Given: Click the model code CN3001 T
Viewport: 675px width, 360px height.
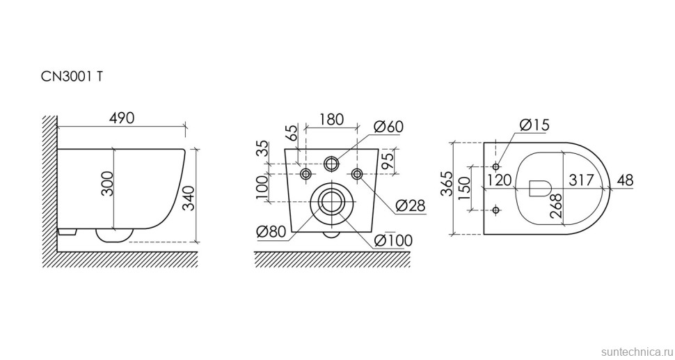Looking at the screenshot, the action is (x=72, y=77).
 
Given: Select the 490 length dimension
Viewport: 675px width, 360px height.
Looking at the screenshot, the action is (x=121, y=118).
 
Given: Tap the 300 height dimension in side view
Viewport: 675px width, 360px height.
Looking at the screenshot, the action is (x=107, y=184).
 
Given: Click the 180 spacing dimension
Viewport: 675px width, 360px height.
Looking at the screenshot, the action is (x=331, y=119).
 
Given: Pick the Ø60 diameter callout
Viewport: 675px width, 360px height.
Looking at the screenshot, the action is (x=388, y=127).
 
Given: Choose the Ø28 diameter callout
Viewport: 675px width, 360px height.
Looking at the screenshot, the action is (x=411, y=205).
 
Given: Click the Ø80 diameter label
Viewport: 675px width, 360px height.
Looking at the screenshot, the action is (x=271, y=232).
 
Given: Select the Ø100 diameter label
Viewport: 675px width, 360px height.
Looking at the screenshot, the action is (x=393, y=240).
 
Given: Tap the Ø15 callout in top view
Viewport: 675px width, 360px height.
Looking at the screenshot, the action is (x=534, y=125).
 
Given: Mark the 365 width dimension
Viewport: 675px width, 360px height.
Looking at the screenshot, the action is (x=447, y=184).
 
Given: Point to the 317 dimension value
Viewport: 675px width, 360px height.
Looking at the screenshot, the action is (x=581, y=180).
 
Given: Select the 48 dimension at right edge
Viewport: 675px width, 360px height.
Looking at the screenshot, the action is (x=625, y=180).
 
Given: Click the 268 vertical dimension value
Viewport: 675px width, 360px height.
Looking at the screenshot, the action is (x=556, y=205).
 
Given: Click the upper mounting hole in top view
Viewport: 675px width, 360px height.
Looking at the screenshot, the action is (x=496, y=166).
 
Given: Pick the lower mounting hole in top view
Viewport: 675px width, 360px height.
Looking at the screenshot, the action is (x=496, y=210).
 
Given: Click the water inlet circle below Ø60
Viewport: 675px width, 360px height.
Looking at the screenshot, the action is (x=331, y=163).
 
